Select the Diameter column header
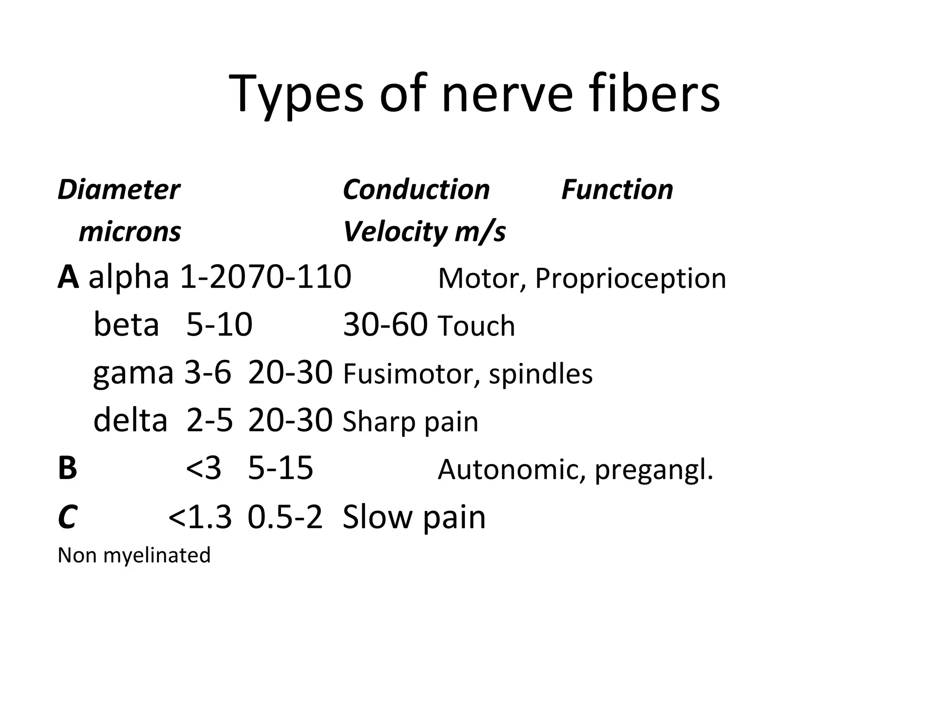(x=118, y=190)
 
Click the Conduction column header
(x=416, y=190)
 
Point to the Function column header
(x=617, y=190)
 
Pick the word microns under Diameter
(x=130, y=232)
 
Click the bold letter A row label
(x=68, y=278)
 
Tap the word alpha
(x=129, y=278)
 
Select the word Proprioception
(x=630, y=279)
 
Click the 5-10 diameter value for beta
(x=219, y=324)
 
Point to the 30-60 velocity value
(x=385, y=324)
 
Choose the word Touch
(x=476, y=326)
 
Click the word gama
(x=133, y=373)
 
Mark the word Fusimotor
(x=411, y=374)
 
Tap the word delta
(x=130, y=420)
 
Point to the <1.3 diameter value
(x=200, y=517)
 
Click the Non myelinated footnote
(x=134, y=555)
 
